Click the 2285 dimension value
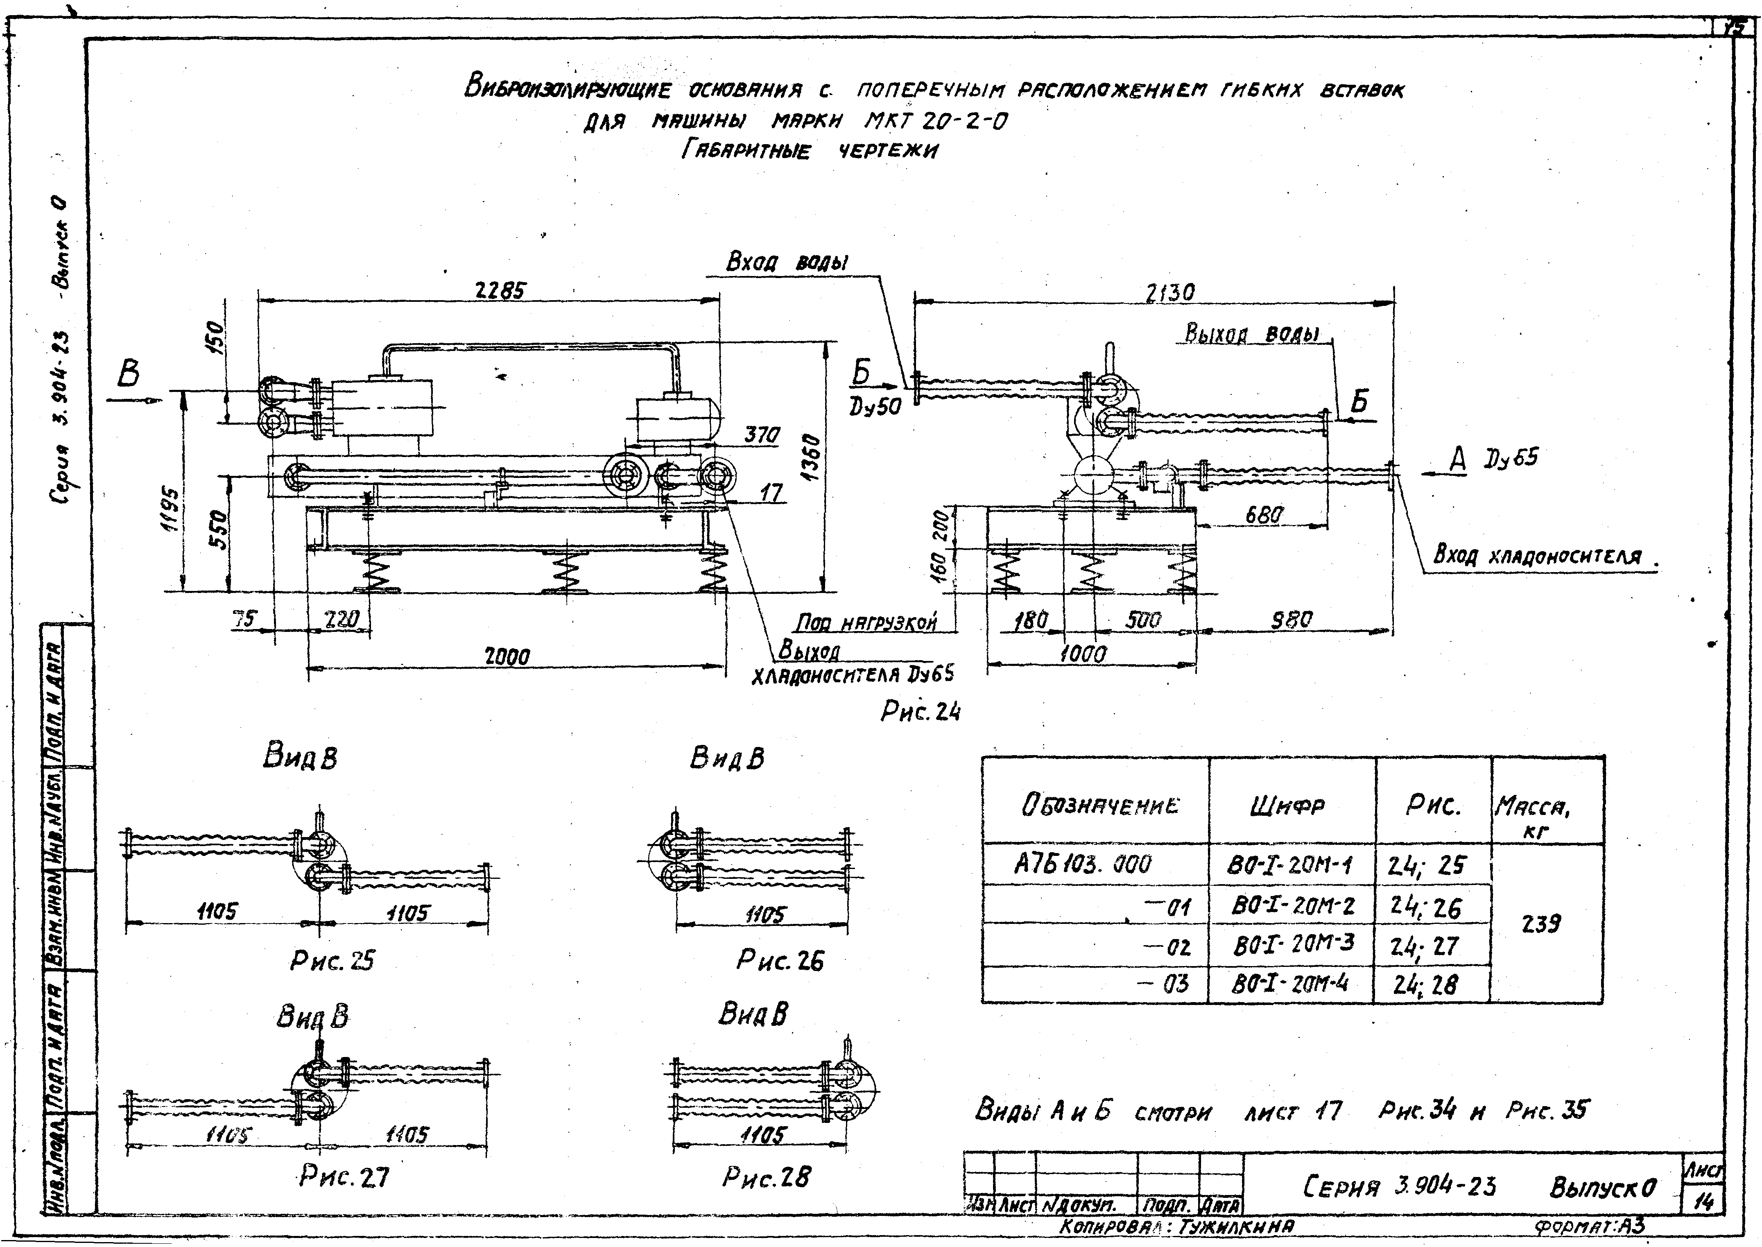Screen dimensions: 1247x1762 pyautogui.click(x=500, y=290)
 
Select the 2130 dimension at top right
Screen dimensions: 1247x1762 pyautogui.click(x=1170, y=292)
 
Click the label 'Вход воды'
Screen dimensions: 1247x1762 pyautogui.click(x=787, y=263)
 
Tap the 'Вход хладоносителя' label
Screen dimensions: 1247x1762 pyautogui.click(x=1538, y=556)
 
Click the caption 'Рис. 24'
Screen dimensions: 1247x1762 pyautogui.click(x=920, y=713)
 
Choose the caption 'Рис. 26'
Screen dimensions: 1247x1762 pyautogui.click(x=779, y=960)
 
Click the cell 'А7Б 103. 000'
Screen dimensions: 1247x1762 pyautogui.click(x=1083, y=865)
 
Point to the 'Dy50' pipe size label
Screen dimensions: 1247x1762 pyautogui.click(x=875, y=407)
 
